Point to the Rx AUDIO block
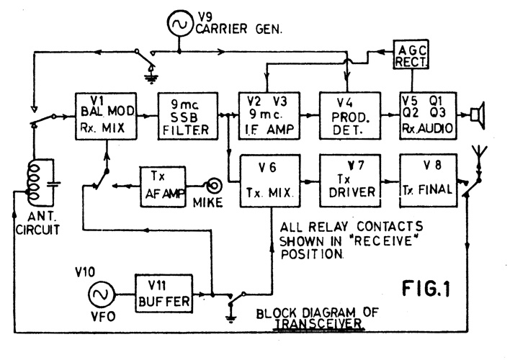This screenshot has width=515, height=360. click(429, 115)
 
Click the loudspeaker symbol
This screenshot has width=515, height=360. click(477, 114)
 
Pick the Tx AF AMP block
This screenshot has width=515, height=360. click(164, 184)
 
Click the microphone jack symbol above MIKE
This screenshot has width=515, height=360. click(214, 185)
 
